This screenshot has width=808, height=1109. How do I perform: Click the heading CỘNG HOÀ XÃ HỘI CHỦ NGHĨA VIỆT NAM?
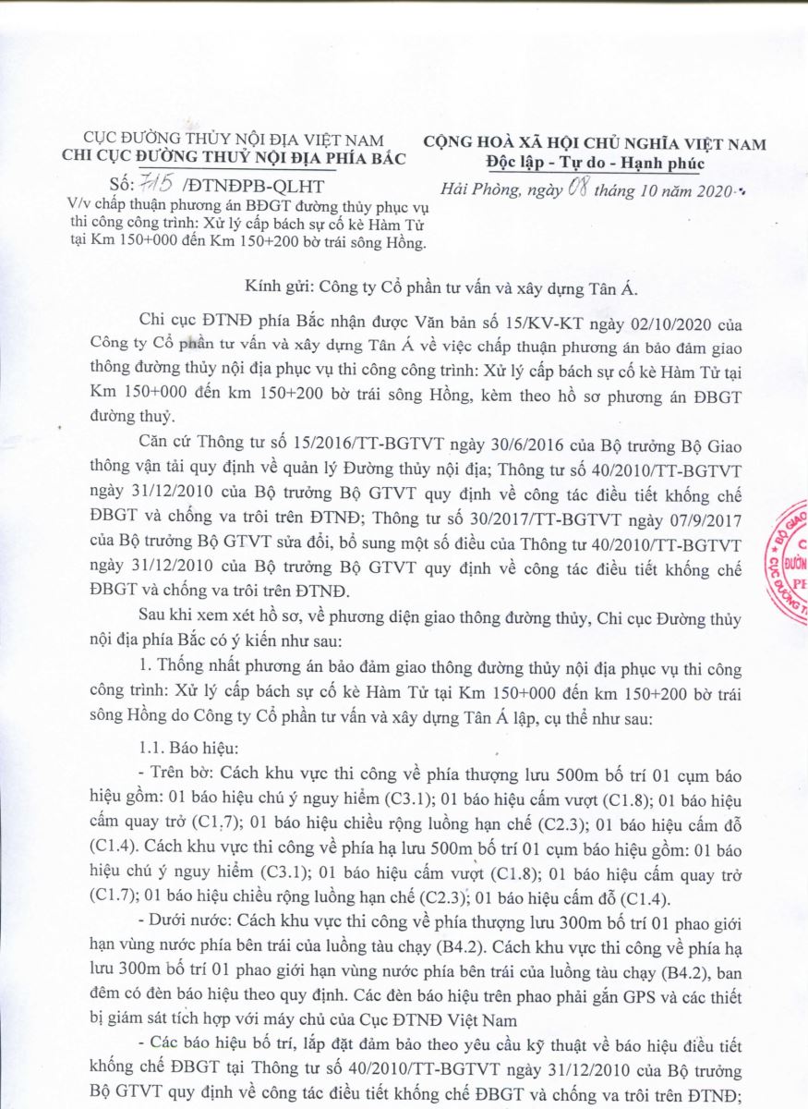coord(595,143)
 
